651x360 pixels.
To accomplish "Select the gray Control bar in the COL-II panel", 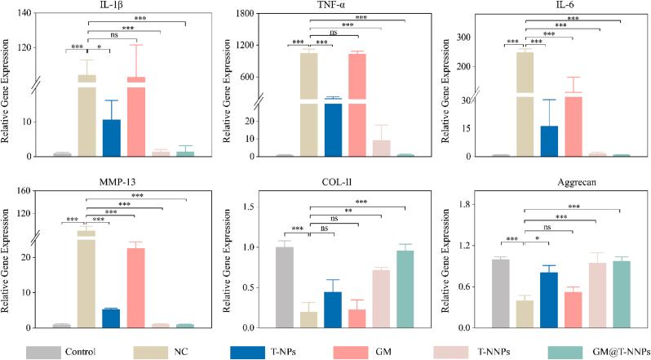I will pos(284,287).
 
